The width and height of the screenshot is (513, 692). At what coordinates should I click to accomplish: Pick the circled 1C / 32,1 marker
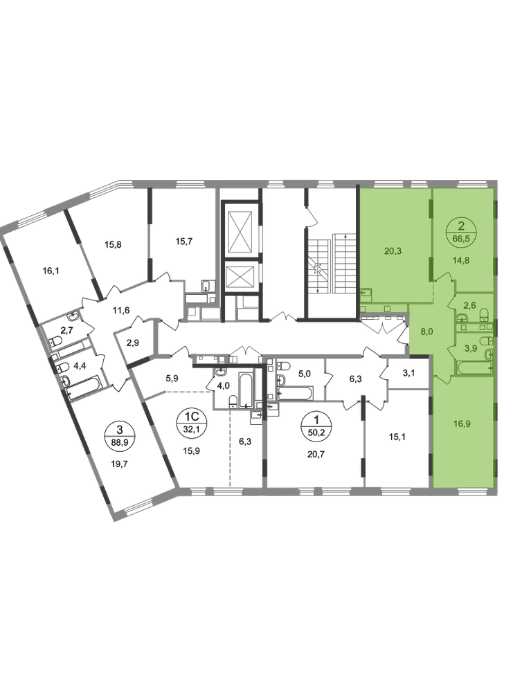tap(192, 422)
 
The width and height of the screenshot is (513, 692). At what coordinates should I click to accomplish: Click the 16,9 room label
tap(461, 424)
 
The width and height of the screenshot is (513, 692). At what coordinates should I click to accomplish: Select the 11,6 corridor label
tap(120, 310)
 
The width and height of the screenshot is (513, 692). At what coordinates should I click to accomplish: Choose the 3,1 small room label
tap(408, 374)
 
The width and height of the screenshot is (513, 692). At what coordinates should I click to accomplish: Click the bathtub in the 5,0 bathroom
tap(296, 393)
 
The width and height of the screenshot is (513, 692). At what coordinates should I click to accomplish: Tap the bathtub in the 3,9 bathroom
tap(474, 367)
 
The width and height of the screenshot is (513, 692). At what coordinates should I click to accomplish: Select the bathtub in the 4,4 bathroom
tap(84, 389)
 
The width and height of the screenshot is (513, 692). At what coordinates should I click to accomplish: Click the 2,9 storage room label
tap(133, 343)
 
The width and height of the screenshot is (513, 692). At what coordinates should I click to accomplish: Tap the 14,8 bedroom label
tap(461, 260)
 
